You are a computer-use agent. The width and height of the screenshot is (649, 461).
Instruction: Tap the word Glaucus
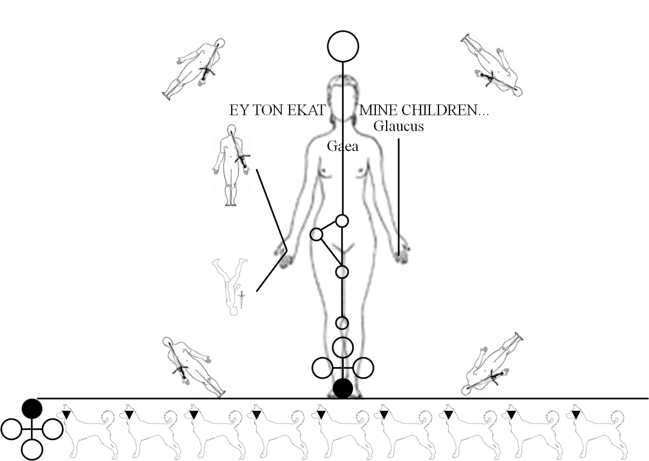[398, 126]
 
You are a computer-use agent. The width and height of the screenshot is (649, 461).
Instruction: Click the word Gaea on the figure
[343, 146]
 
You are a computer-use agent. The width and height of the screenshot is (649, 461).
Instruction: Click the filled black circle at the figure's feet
[343, 388]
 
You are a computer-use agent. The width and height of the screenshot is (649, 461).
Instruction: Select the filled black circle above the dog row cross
[32, 409]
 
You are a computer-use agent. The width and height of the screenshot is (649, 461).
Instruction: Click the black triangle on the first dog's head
[67, 415]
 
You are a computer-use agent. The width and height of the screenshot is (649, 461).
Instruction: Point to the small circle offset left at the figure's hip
[316, 234]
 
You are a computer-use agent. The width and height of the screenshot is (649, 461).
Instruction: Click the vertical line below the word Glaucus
[398, 197]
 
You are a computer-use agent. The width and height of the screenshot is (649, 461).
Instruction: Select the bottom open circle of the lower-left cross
[32, 450]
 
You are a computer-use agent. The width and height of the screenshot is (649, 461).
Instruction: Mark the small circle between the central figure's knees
[342, 323]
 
